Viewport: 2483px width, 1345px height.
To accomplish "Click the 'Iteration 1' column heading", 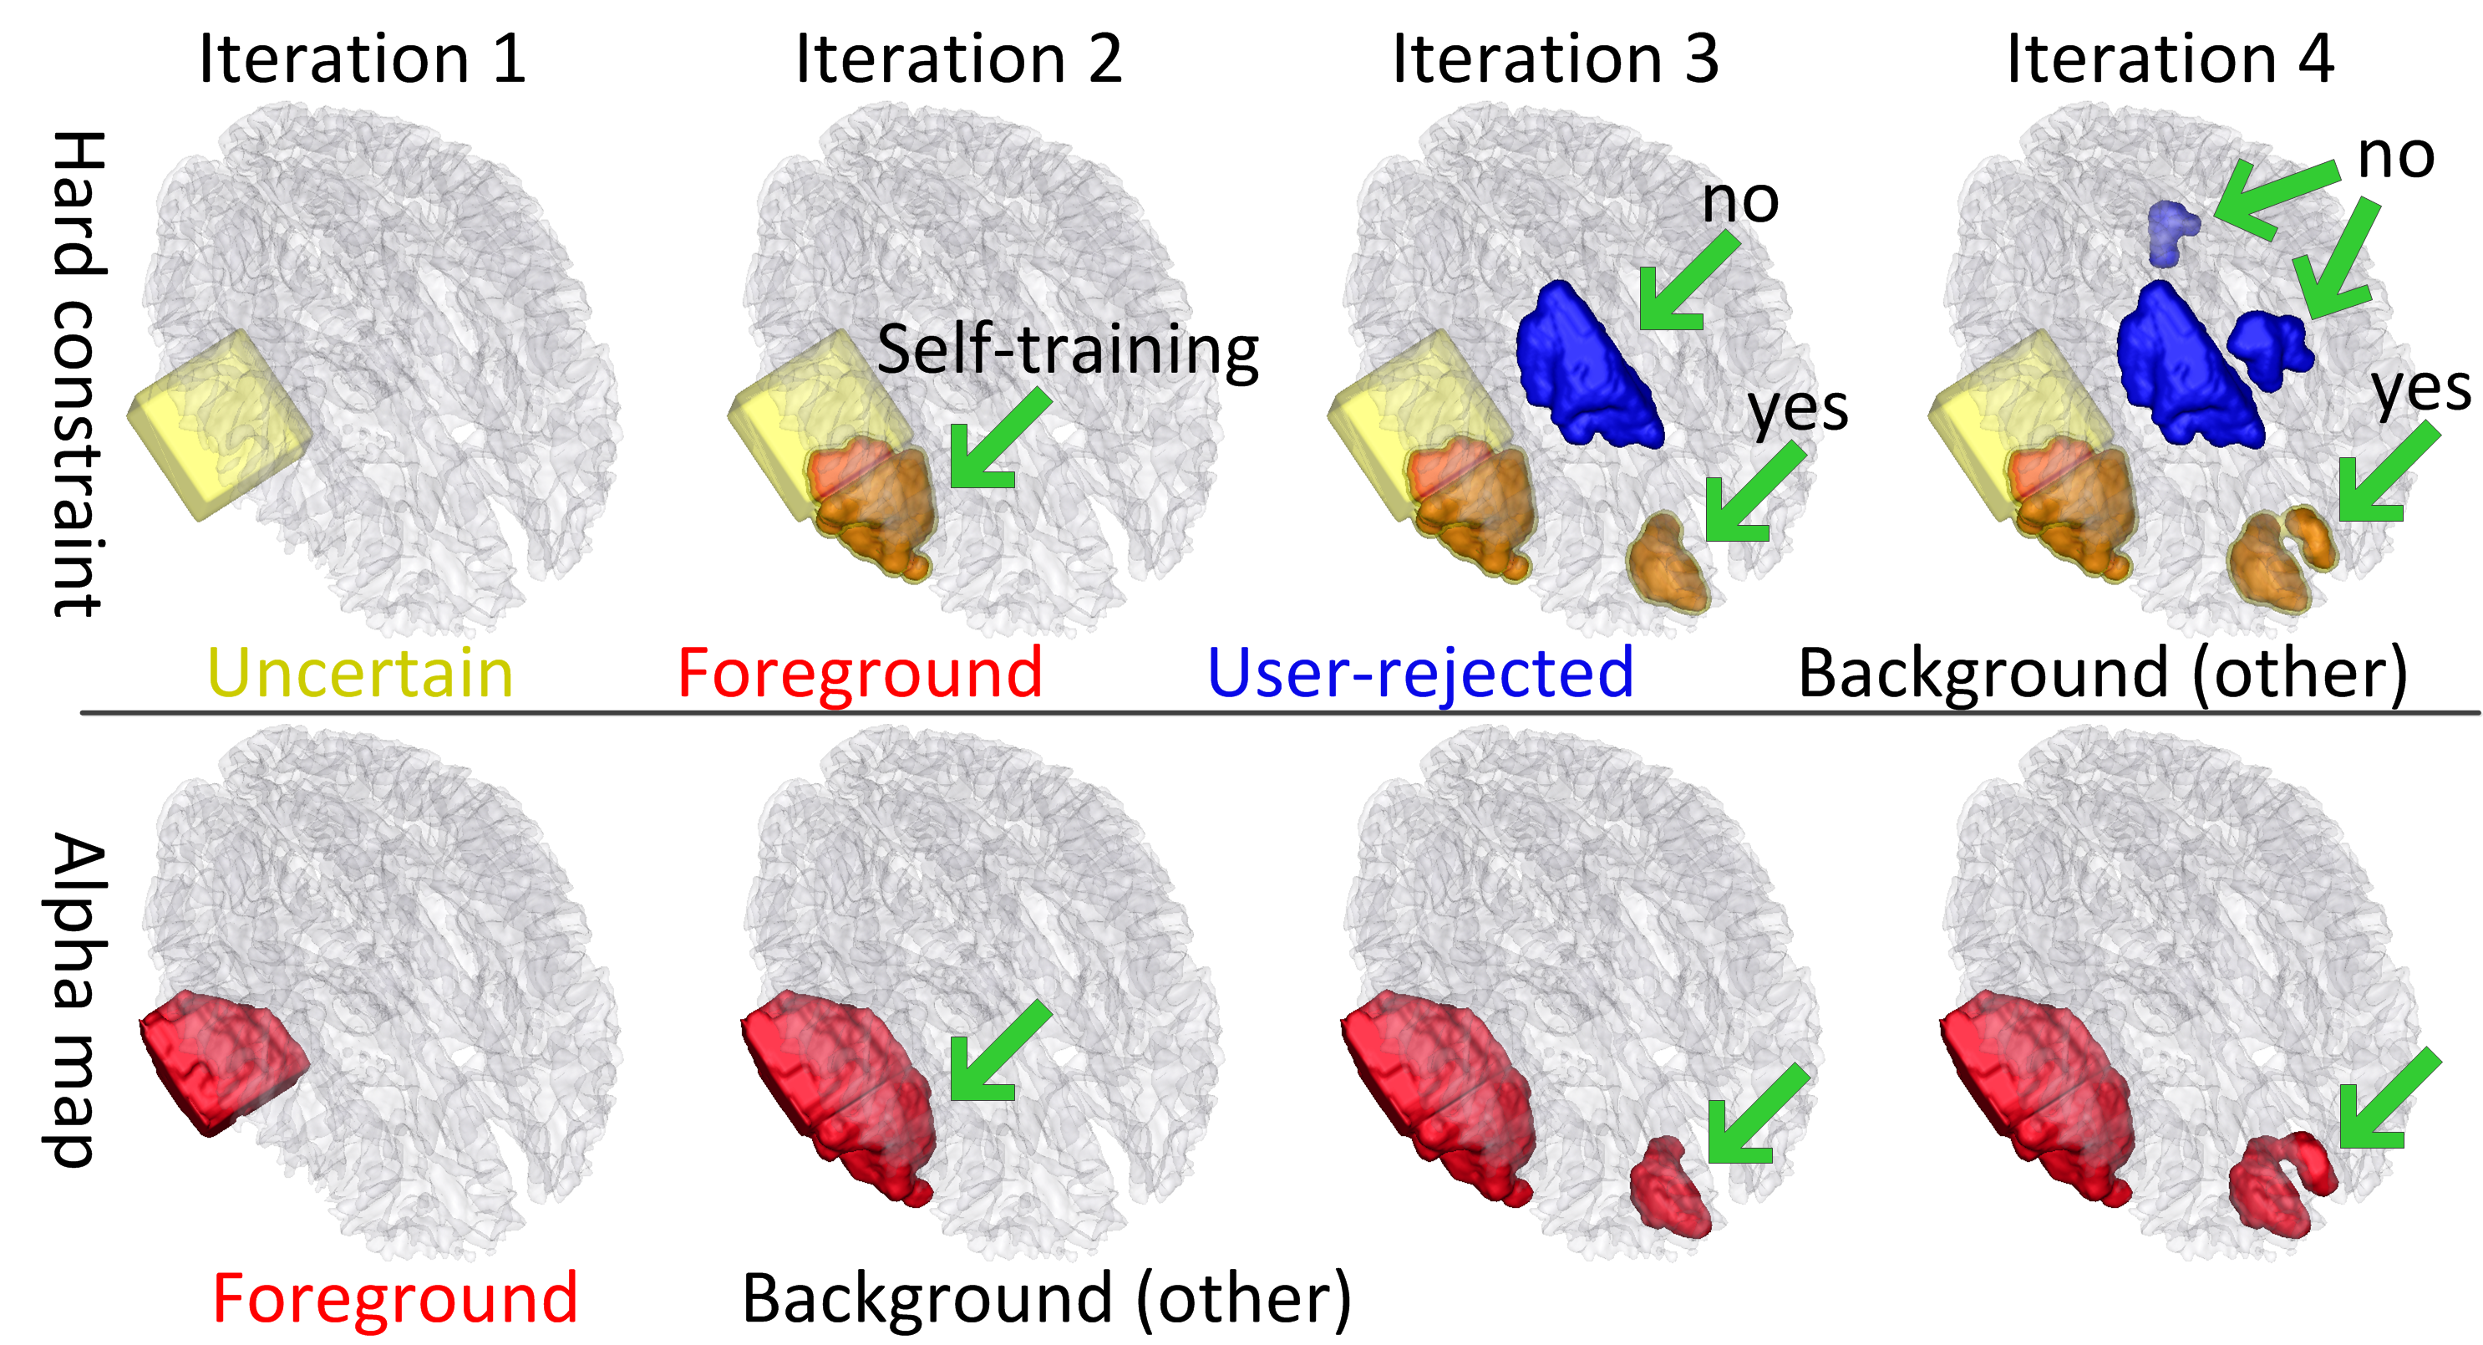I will pyautogui.click(x=363, y=60).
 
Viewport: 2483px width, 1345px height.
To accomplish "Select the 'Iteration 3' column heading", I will pyautogui.click(x=1555, y=60).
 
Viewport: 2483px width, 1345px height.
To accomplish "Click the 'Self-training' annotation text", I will pyautogui.click(x=1067, y=350).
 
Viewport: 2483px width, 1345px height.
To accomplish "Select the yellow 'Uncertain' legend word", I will pyautogui.click(x=360, y=673).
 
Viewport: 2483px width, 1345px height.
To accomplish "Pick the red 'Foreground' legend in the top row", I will pyautogui.click(x=860, y=673).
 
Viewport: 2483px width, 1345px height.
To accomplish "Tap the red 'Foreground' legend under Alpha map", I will pyautogui.click(x=395, y=1299).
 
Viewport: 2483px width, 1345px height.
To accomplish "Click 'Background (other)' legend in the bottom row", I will pyautogui.click(x=1047, y=1299).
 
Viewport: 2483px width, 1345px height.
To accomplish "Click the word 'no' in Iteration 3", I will pyautogui.click(x=1739, y=201).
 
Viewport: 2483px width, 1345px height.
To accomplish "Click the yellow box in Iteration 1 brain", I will pyautogui.click(x=218, y=424).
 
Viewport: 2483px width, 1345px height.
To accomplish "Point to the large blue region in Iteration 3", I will pyautogui.click(x=1586, y=366).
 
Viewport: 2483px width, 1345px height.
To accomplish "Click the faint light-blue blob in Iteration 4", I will pyautogui.click(x=2171, y=232).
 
